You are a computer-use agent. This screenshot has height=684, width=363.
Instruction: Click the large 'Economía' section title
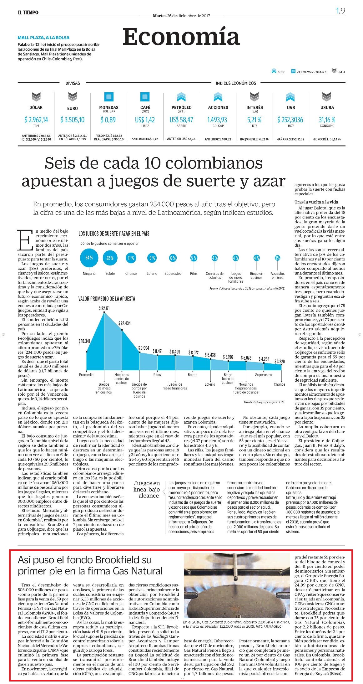[181, 37]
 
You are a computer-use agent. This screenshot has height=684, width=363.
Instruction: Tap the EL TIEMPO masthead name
[28, 12]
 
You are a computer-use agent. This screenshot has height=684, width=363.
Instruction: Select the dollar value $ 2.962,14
[36, 120]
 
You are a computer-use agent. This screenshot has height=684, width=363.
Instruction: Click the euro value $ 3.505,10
[73, 120]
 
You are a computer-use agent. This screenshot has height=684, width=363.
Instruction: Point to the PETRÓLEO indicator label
[182, 107]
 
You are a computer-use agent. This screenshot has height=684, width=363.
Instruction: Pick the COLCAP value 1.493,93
[218, 120]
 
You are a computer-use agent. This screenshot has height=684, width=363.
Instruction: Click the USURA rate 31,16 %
[327, 120]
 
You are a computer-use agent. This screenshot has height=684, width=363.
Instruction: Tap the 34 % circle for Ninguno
[89, 258]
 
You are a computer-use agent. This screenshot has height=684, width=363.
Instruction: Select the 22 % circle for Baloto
[110, 258]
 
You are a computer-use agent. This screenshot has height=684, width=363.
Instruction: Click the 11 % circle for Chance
[131, 258]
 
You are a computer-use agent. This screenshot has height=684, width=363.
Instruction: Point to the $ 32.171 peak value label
[104, 308]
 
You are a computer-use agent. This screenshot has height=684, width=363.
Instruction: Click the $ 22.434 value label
[124, 323]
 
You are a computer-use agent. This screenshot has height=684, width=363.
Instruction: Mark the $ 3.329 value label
[280, 361]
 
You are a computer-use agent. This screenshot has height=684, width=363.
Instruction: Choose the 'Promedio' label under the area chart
[86, 375]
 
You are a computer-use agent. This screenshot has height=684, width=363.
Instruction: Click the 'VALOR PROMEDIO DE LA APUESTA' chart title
[107, 299]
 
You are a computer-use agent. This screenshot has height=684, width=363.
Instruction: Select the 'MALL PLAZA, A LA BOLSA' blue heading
[43, 38]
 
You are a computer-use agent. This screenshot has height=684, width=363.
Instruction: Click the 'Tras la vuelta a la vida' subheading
[316, 202]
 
